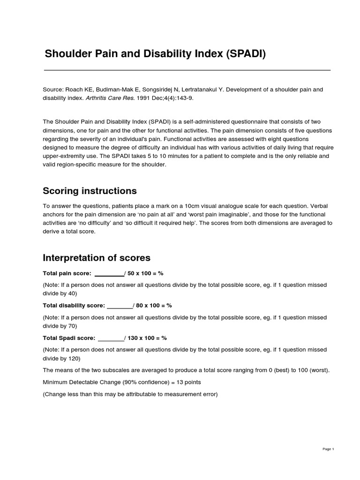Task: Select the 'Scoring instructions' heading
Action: pos(90,191)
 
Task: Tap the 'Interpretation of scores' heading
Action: pos(97,258)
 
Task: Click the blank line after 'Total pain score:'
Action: pos(109,273)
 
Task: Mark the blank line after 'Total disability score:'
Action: pos(120,306)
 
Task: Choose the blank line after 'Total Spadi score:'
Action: pos(111,338)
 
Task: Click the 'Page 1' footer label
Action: pos(328,449)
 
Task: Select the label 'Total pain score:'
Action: pos(67,273)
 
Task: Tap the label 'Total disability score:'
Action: pos(74,306)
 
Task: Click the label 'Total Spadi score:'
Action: pos(69,338)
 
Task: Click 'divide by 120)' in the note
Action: pos(61,359)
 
